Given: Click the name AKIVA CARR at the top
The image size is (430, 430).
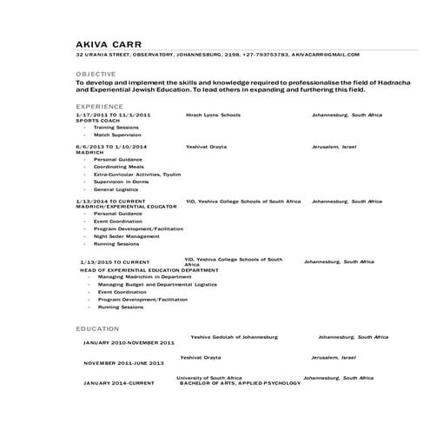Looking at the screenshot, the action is pyautogui.click(x=108, y=43).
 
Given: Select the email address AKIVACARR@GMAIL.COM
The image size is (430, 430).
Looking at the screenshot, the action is pyautogui.click(x=325, y=54).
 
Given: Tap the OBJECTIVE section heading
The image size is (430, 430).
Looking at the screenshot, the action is pyautogui.click(x=95, y=75).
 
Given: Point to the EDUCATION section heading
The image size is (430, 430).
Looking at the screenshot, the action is pyautogui.click(x=97, y=328).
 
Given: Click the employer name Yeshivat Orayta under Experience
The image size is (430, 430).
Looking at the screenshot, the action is pyautogui.click(x=206, y=147).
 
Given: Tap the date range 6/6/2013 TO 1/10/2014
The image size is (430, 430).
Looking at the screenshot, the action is pyautogui.click(x=111, y=147).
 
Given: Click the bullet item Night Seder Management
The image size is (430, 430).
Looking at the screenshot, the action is pyautogui.click(x=126, y=235).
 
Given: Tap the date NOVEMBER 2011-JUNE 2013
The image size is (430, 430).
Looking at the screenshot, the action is pyautogui.click(x=123, y=362).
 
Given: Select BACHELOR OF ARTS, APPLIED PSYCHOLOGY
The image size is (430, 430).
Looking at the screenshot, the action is pyautogui.click(x=240, y=383).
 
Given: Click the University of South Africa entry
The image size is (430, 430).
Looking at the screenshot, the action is pyautogui.click(x=209, y=378).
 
